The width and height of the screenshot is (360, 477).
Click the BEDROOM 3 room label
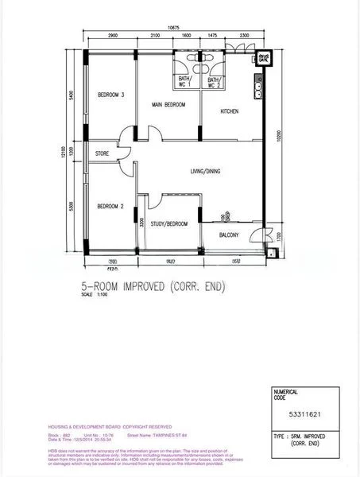pyautogui.click(x=111, y=95)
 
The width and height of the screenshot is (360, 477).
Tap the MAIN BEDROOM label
pyautogui.click(x=168, y=105)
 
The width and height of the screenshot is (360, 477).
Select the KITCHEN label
pyautogui.click(x=230, y=111)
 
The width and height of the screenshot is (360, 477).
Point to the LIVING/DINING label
pyautogui.click(x=207, y=171)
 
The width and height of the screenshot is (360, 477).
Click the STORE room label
pyautogui.click(x=102, y=153)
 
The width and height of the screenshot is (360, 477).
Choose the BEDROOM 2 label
pyautogui.click(x=111, y=207)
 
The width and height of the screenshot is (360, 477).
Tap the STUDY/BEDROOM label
pyautogui.click(x=169, y=224)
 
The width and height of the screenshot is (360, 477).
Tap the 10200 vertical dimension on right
pyautogui.click(x=279, y=137)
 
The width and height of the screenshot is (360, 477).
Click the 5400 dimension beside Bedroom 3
pyautogui.click(x=72, y=95)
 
